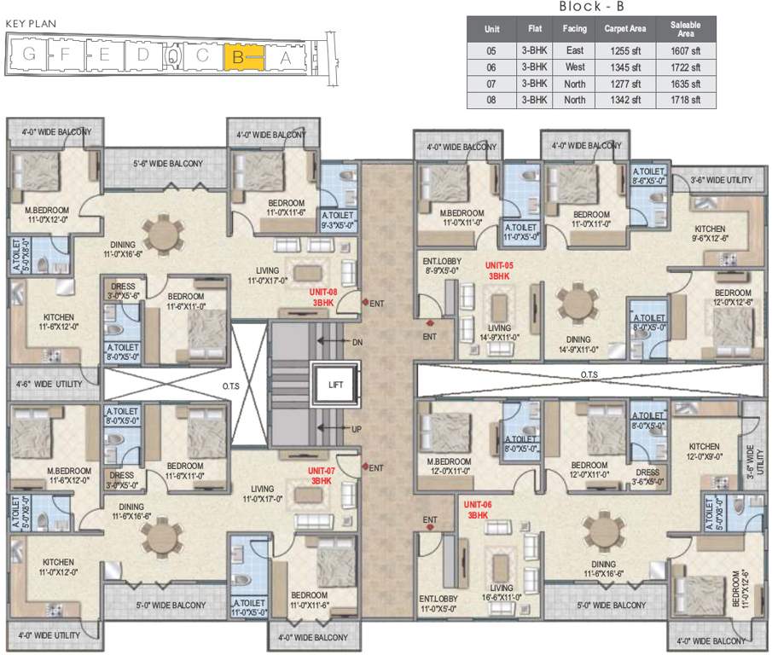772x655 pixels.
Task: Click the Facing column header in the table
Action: click(574, 29)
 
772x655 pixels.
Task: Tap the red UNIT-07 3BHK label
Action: click(322, 476)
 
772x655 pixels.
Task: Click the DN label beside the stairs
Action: click(357, 342)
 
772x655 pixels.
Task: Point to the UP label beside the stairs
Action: click(357, 429)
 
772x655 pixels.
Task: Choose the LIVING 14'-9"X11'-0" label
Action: click(499, 333)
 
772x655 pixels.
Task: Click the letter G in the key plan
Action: click(30, 56)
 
